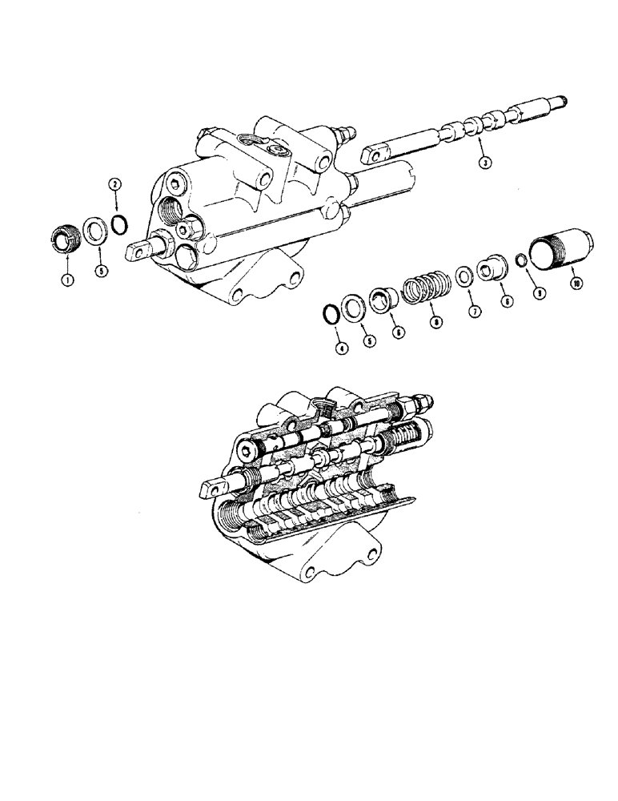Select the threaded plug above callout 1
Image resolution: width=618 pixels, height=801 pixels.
[x=64, y=239]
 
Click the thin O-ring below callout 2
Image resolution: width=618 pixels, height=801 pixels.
[x=118, y=221]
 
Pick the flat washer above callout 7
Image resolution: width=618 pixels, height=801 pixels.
[x=463, y=277]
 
